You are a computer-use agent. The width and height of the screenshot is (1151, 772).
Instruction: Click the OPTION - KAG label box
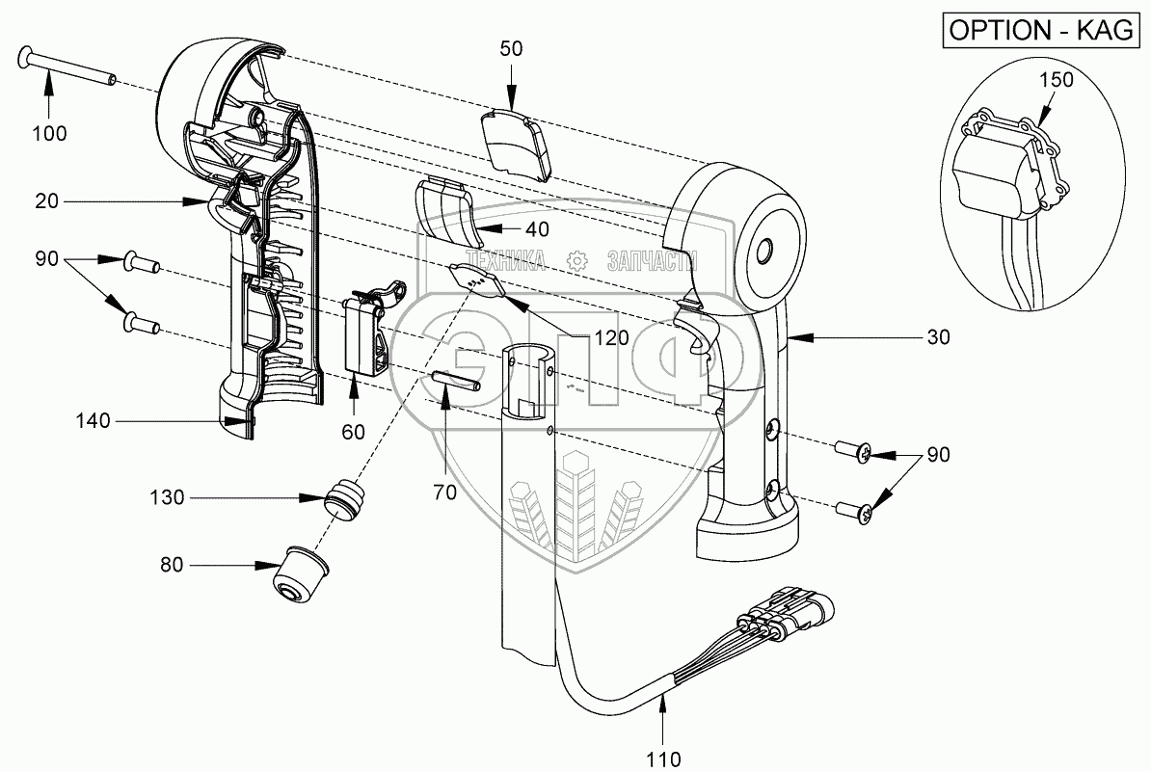[x=1042, y=30]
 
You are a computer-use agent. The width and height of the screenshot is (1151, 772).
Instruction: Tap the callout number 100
[x=49, y=134]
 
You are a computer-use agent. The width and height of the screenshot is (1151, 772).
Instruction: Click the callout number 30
[x=938, y=337]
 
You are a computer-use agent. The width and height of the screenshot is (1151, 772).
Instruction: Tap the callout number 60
[x=353, y=432]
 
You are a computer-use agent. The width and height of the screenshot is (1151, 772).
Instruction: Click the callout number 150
[x=1056, y=80]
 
